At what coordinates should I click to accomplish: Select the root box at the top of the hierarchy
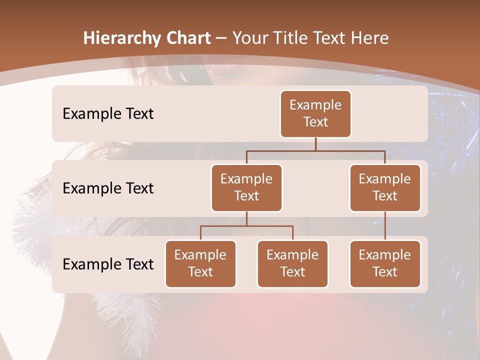tap(315, 113)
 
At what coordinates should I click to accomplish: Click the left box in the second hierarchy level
tap(246, 187)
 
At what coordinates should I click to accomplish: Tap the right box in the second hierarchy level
tap(385, 187)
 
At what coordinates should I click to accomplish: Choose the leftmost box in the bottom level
tap(200, 263)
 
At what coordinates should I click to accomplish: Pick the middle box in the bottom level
tap(292, 263)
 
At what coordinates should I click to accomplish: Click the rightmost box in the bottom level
tap(385, 263)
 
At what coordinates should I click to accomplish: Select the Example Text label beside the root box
tap(108, 113)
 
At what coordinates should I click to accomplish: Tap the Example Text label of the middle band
tap(108, 188)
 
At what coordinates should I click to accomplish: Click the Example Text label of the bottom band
tap(108, 264)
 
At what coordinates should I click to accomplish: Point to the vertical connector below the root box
tap(315, 144)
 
